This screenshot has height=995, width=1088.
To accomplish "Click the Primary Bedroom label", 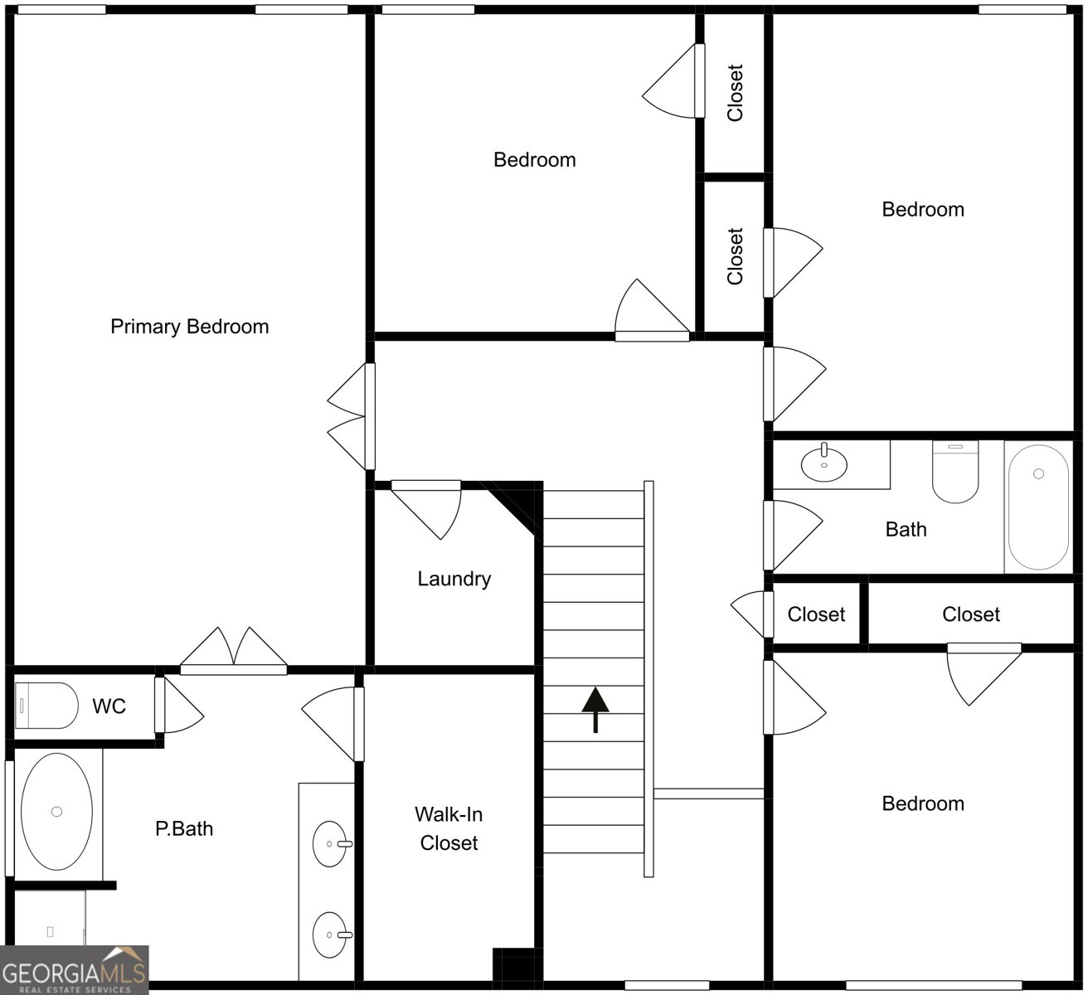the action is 189,327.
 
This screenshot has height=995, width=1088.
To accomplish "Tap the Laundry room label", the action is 454,579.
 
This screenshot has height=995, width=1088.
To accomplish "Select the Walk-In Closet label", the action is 449,828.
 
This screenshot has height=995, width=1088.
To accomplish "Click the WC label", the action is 109,706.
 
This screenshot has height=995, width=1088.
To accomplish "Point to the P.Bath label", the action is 184,829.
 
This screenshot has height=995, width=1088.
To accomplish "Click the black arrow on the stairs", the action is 595,710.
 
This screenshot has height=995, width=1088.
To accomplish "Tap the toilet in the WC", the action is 46,706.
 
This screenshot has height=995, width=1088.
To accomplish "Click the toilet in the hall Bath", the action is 955,472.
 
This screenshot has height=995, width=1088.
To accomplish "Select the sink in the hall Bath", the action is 823,464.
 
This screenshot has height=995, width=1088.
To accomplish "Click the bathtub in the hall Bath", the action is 1038,507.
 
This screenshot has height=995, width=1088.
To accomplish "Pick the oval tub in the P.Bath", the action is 57,812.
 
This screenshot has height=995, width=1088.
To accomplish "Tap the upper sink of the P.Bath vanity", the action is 330,843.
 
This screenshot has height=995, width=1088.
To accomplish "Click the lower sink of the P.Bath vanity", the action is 330,934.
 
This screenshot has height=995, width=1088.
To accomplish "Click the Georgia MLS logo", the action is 75,971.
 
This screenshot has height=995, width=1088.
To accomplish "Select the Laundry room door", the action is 426,509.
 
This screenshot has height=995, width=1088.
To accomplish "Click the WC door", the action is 179,705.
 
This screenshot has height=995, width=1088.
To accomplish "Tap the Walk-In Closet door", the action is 333,724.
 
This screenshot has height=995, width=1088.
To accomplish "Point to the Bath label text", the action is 906,530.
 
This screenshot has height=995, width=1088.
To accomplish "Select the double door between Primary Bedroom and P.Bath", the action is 233,651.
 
